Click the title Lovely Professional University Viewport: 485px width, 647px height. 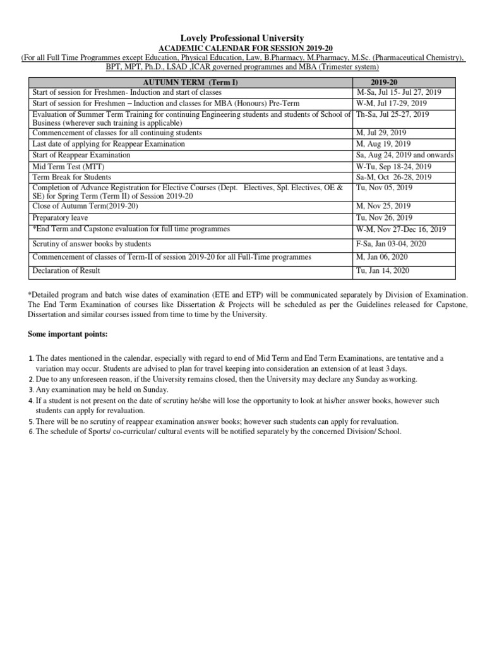click(x=243, y=39)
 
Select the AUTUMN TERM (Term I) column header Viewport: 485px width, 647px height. click(x=191, y=83)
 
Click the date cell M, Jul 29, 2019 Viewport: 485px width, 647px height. click(x=381, y=133)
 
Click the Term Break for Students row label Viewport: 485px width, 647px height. click(x=71, y=178)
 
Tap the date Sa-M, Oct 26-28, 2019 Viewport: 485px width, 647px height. click(x=394, y=178)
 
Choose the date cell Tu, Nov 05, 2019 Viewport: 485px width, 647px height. click(x=384, y=188)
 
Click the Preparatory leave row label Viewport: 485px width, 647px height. click(x=60, y=217)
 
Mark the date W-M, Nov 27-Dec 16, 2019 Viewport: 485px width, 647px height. click(x=401, y=229)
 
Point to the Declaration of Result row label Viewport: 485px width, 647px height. click(x=66, y=271)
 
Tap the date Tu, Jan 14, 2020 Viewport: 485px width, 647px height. click(x=383, y=271)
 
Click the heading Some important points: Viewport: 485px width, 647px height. click(x=69, y=334)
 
